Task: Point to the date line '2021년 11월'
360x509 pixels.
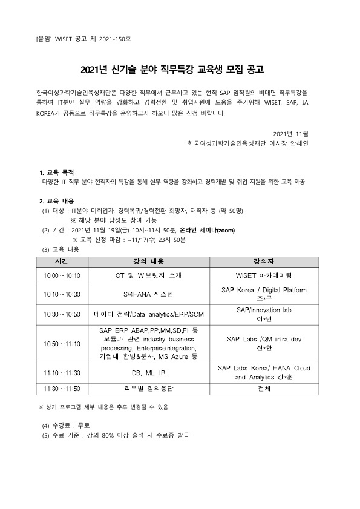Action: [x=291, y=133]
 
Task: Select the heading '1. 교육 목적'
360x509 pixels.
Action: [x=57, y=173]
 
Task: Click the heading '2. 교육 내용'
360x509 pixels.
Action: [x=57, y=202]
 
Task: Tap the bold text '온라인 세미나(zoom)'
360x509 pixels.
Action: [x=206, y=231]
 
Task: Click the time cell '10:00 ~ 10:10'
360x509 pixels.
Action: [x=62, y=274]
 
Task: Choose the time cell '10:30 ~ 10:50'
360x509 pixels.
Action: [x=62, y=314]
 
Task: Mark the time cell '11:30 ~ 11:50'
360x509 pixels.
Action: [x=62, y=387]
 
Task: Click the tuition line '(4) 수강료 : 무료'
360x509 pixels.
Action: [x=67, y=426]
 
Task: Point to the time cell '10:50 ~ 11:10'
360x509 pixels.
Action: [x=62, y=343]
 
